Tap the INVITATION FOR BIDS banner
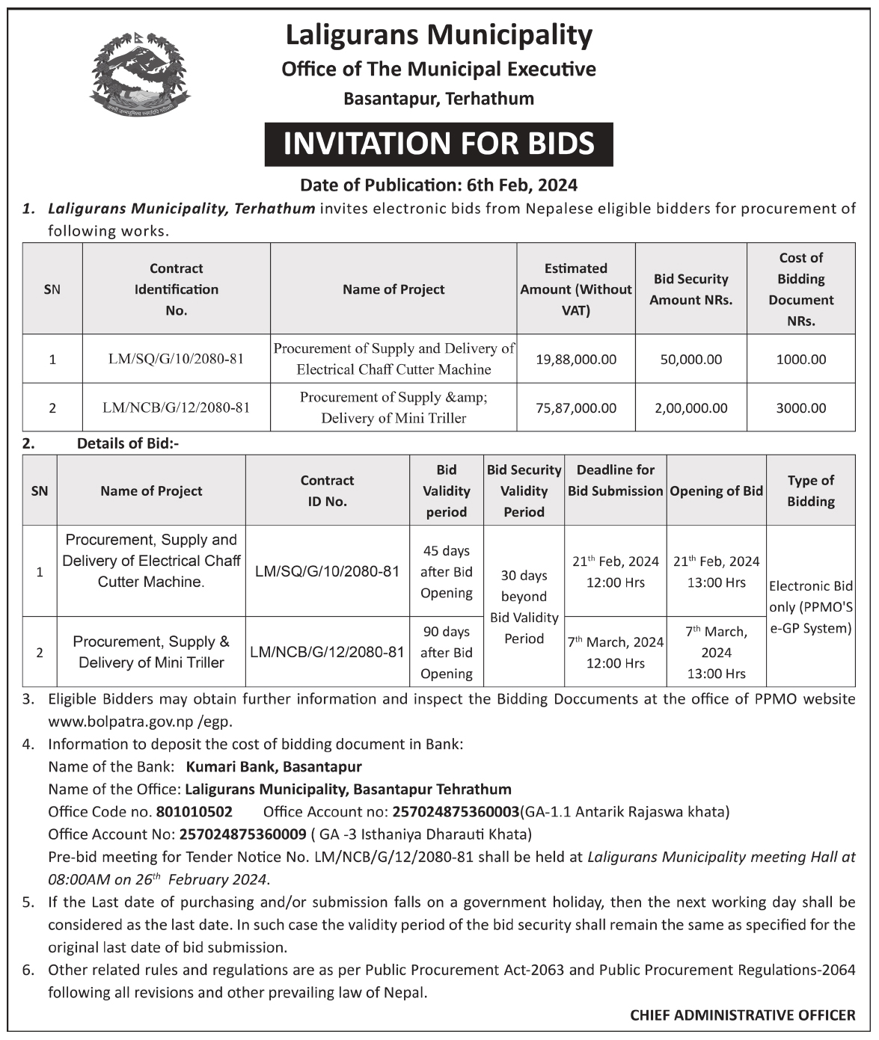438,144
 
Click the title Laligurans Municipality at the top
439,35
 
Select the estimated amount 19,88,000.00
576,360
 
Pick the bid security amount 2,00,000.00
690,408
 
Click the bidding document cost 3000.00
800,408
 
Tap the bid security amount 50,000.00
690,360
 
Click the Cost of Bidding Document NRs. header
800,289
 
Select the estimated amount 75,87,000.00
576,408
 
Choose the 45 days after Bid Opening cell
446,572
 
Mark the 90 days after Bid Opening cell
446,653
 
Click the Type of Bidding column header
810,491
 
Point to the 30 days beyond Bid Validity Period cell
524,607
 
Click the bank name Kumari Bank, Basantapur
274,767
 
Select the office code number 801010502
195,812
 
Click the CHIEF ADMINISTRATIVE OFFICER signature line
742,1015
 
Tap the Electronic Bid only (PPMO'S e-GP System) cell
810,607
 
